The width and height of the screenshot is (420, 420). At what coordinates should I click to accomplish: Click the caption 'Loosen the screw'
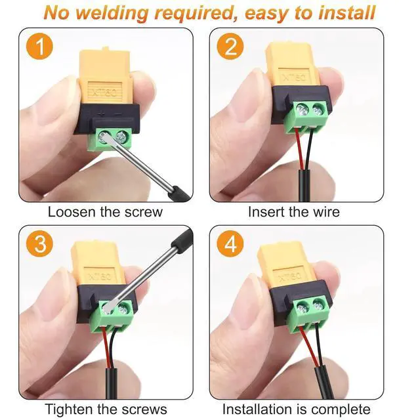pyautogui.click(x=105, y=212)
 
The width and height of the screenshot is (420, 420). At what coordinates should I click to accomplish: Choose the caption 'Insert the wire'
pyautogui.click(x=294, y=212)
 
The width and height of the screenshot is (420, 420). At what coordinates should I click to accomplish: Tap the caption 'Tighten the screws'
pyautogui.click(x=106, y=409)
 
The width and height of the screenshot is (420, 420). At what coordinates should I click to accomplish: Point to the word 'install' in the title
pyautogui.click(x=344, y=12)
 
